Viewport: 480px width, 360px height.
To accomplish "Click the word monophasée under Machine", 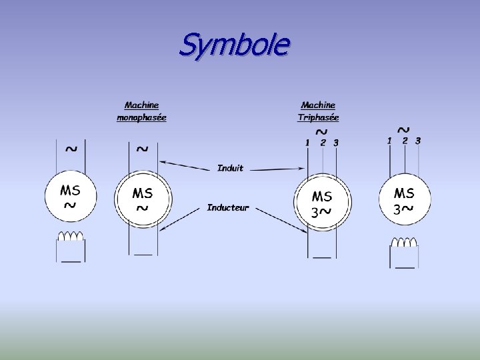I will [141, 117].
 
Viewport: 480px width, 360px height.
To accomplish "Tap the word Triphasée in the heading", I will [318, 117].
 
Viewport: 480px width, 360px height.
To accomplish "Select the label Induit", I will [231, 168].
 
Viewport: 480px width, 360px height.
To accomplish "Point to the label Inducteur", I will [227, 208].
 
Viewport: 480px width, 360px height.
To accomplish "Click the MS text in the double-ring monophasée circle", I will [142, 193].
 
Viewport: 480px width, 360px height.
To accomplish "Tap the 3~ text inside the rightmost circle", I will [403, 209].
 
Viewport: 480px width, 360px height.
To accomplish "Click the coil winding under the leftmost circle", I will [71, 237].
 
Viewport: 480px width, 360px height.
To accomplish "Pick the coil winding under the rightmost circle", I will [403, 241].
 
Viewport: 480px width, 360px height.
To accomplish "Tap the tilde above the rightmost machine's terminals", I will [403, 127].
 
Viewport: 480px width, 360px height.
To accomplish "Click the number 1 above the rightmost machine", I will [389, 141].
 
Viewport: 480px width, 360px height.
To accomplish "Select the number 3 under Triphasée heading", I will [336, 142].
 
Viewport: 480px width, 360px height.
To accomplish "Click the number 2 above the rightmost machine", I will [404, 141].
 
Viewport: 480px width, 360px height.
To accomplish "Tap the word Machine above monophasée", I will [141, 105].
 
